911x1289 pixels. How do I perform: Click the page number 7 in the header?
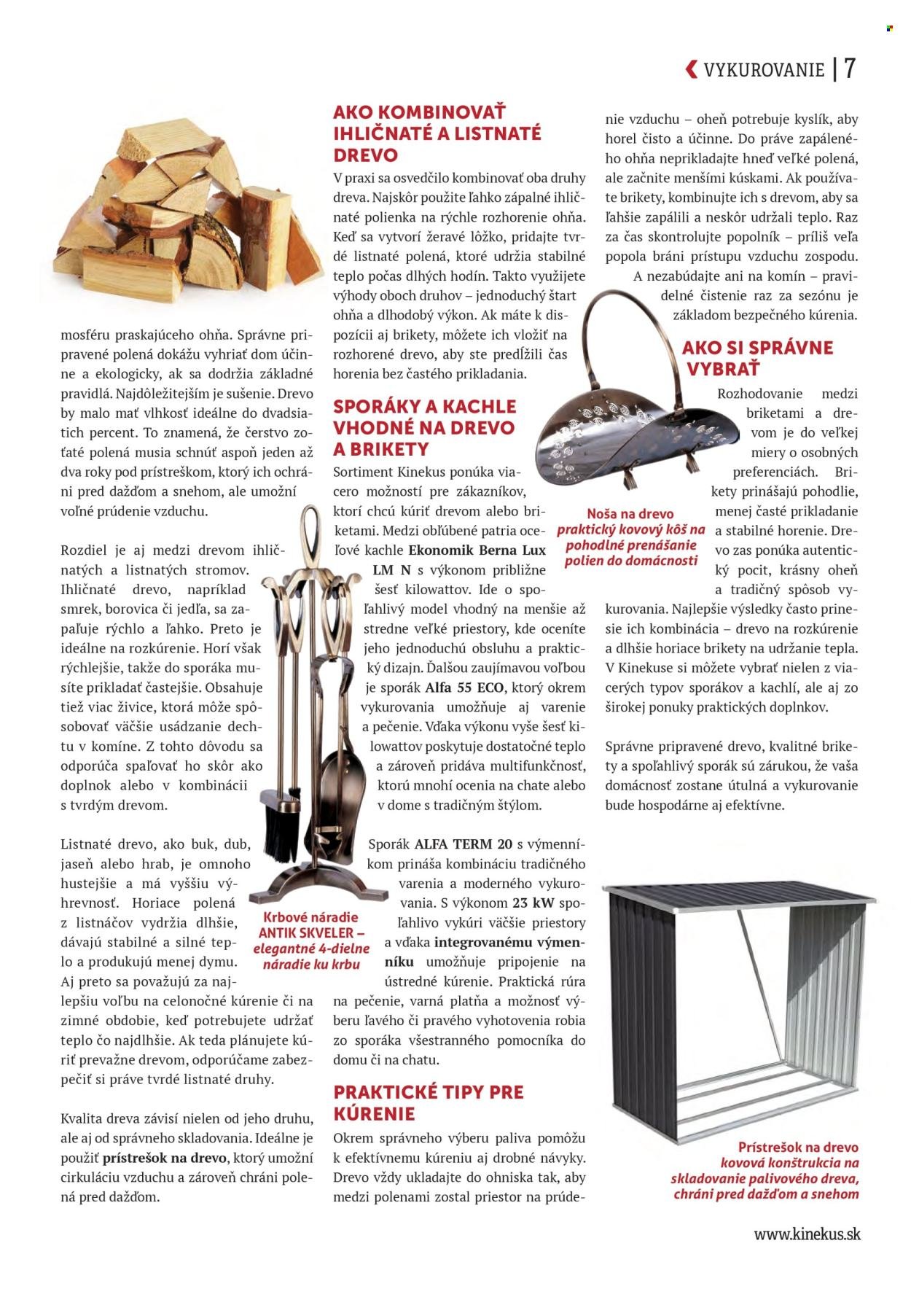tap(850, 69)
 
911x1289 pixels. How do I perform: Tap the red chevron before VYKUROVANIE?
tap(691, 69)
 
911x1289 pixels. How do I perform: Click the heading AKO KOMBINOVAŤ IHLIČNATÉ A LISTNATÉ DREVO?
tap(437, 133)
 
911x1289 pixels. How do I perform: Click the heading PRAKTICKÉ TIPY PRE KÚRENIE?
tap(428, 1102)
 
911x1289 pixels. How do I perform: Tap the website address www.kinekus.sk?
tap(807, 1234)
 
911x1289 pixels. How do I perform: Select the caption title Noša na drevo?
tap(630, 514)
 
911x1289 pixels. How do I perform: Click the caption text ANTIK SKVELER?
tap(311, 932)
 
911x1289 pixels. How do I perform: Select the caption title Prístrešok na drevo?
tap(797, 1147)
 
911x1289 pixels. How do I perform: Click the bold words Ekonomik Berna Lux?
tap(477, 550)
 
